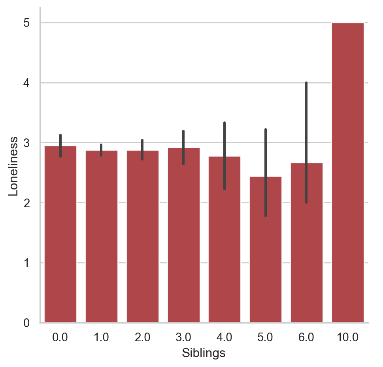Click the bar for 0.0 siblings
(60, 237)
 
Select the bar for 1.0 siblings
(102, 237)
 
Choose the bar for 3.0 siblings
(184, 237)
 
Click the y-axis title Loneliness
(13, 166)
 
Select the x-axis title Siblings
(204, 353)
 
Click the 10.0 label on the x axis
(348, 338)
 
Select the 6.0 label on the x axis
(307, 338)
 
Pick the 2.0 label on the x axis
(142, 338)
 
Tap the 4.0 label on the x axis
(225, 338)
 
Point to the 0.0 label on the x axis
(60, 338)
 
